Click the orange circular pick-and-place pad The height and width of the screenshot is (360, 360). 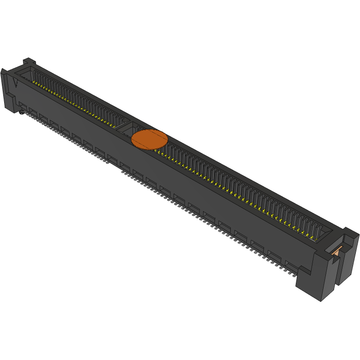[149, 139]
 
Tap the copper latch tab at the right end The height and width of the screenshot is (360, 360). [337, 250]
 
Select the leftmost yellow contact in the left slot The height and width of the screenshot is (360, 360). [35, 83]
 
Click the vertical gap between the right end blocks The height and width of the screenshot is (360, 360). [336, 272]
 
